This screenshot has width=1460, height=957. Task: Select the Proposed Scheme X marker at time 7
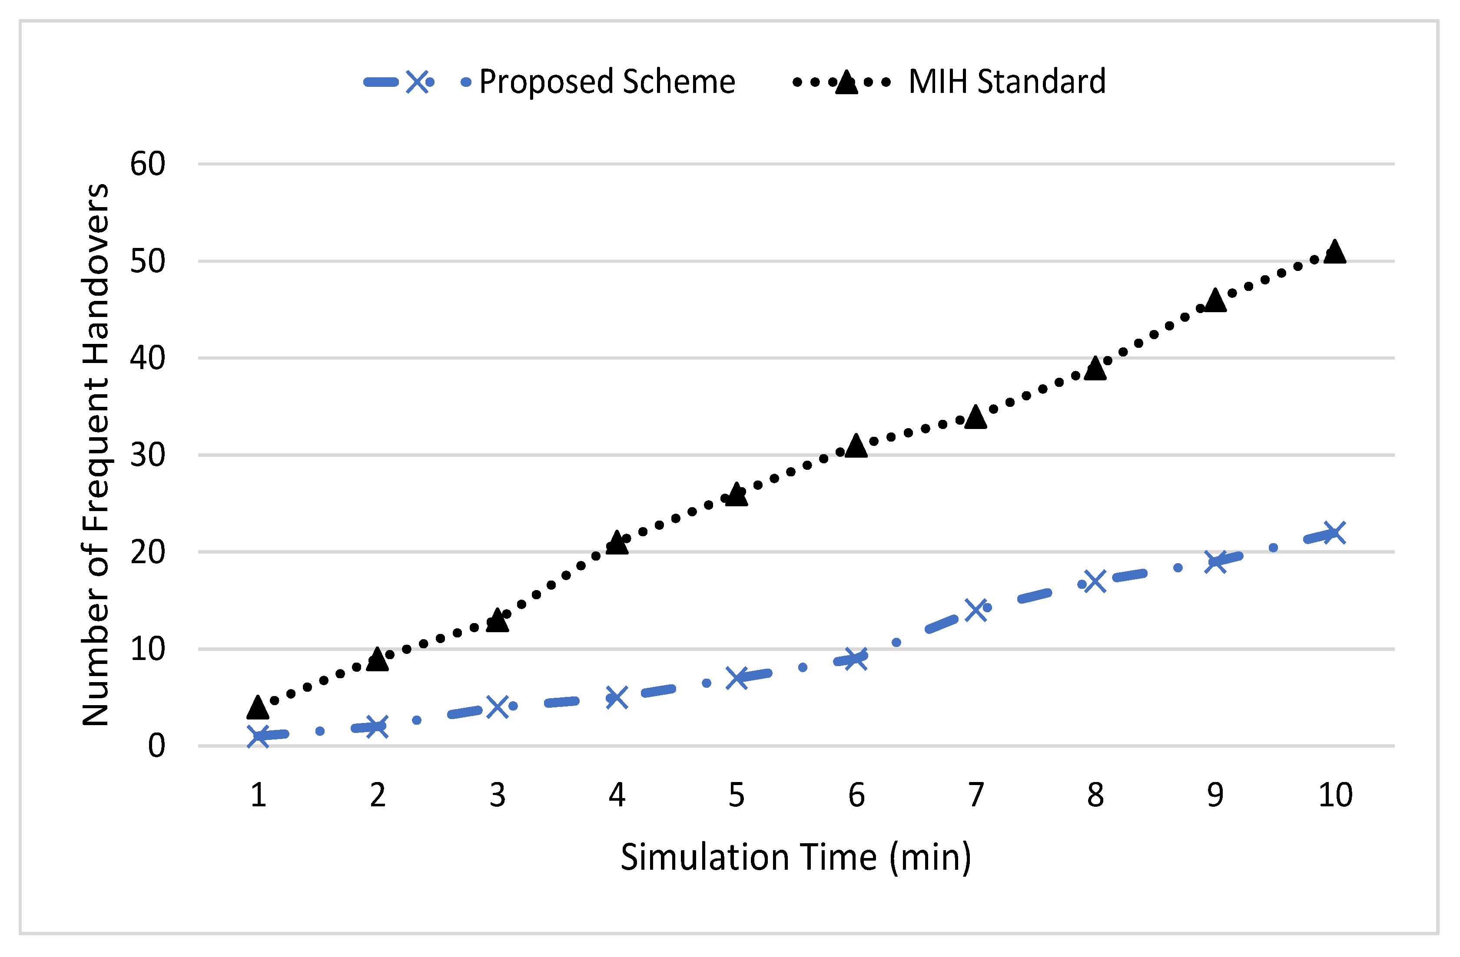click(976, 610)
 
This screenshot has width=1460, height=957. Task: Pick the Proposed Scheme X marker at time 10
click(1335, 533)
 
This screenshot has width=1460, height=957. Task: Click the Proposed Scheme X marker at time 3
click(498, 707)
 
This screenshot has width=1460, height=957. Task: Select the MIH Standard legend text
click(1007, 82)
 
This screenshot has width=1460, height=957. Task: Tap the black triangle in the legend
click(846, 82)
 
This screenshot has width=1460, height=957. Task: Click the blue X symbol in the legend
click(418, 82)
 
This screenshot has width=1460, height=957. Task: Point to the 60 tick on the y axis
click(148, 164)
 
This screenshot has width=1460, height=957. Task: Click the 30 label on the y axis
click(148, 455)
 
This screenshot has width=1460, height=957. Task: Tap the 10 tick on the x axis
click(1335, 795)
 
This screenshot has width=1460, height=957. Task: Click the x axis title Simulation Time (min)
click(796, 857)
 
